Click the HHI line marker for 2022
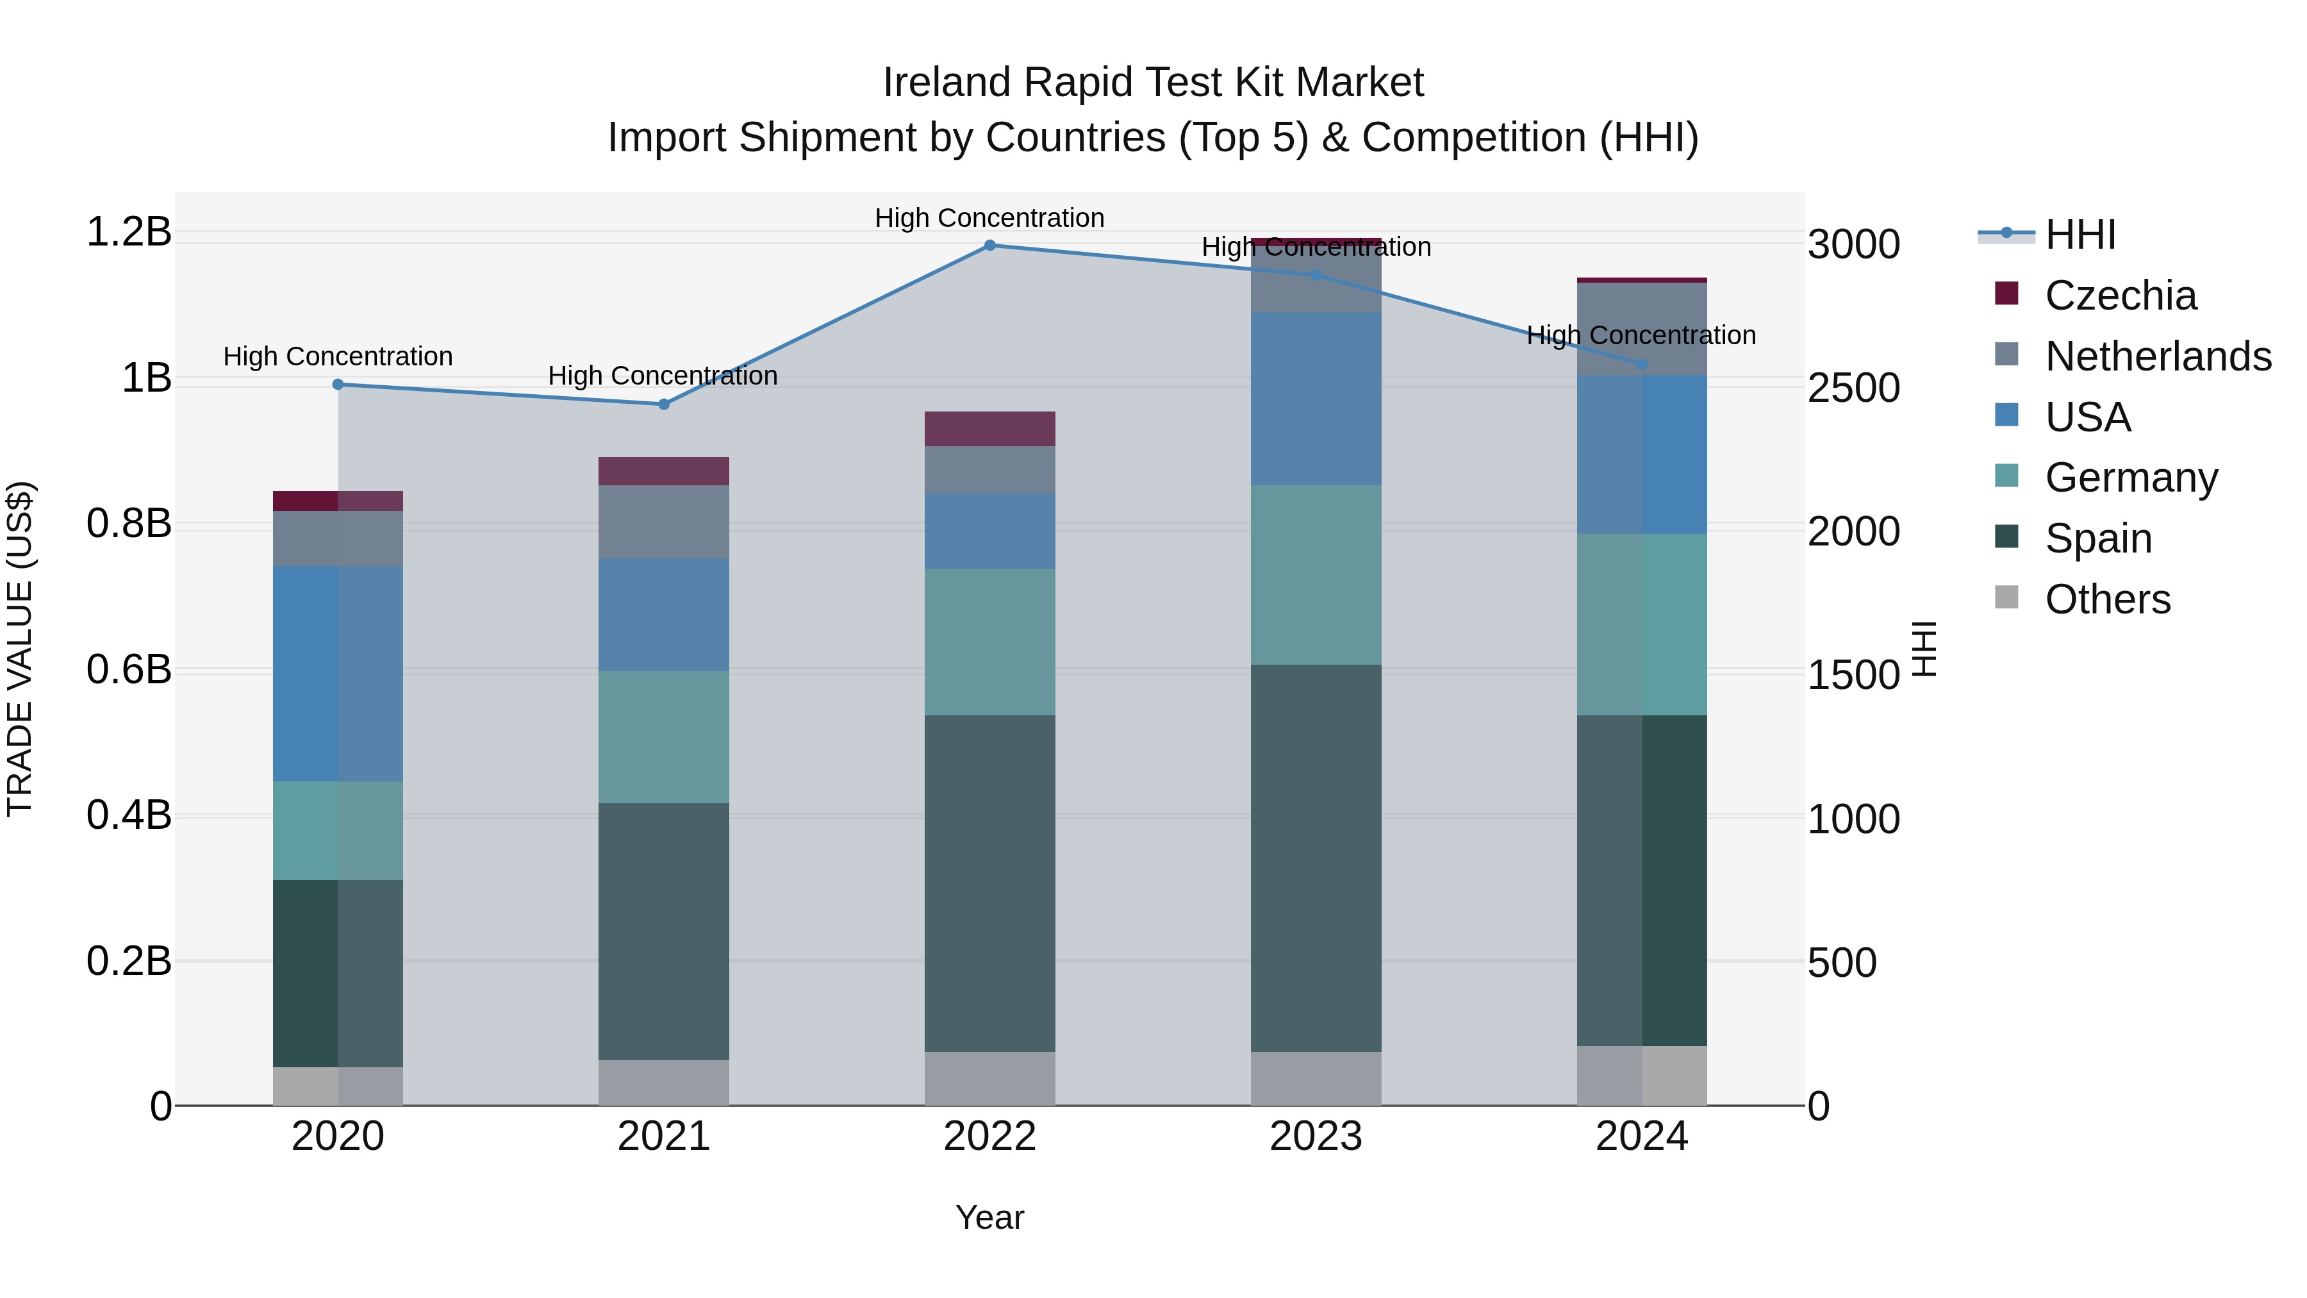989,245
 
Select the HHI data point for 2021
664,404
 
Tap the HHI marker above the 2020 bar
338,385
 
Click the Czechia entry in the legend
2119,295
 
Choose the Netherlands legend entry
2156,356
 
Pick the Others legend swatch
2007,597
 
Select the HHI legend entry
2080,235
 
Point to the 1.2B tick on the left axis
129,232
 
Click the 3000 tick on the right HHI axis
1853,245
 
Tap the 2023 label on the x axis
1316,1136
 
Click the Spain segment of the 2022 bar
989,883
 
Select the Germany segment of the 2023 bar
1316,574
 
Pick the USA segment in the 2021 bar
664,615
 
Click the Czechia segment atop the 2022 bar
989,429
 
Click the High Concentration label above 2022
989,218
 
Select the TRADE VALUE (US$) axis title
20,649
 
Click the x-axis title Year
989,1217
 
